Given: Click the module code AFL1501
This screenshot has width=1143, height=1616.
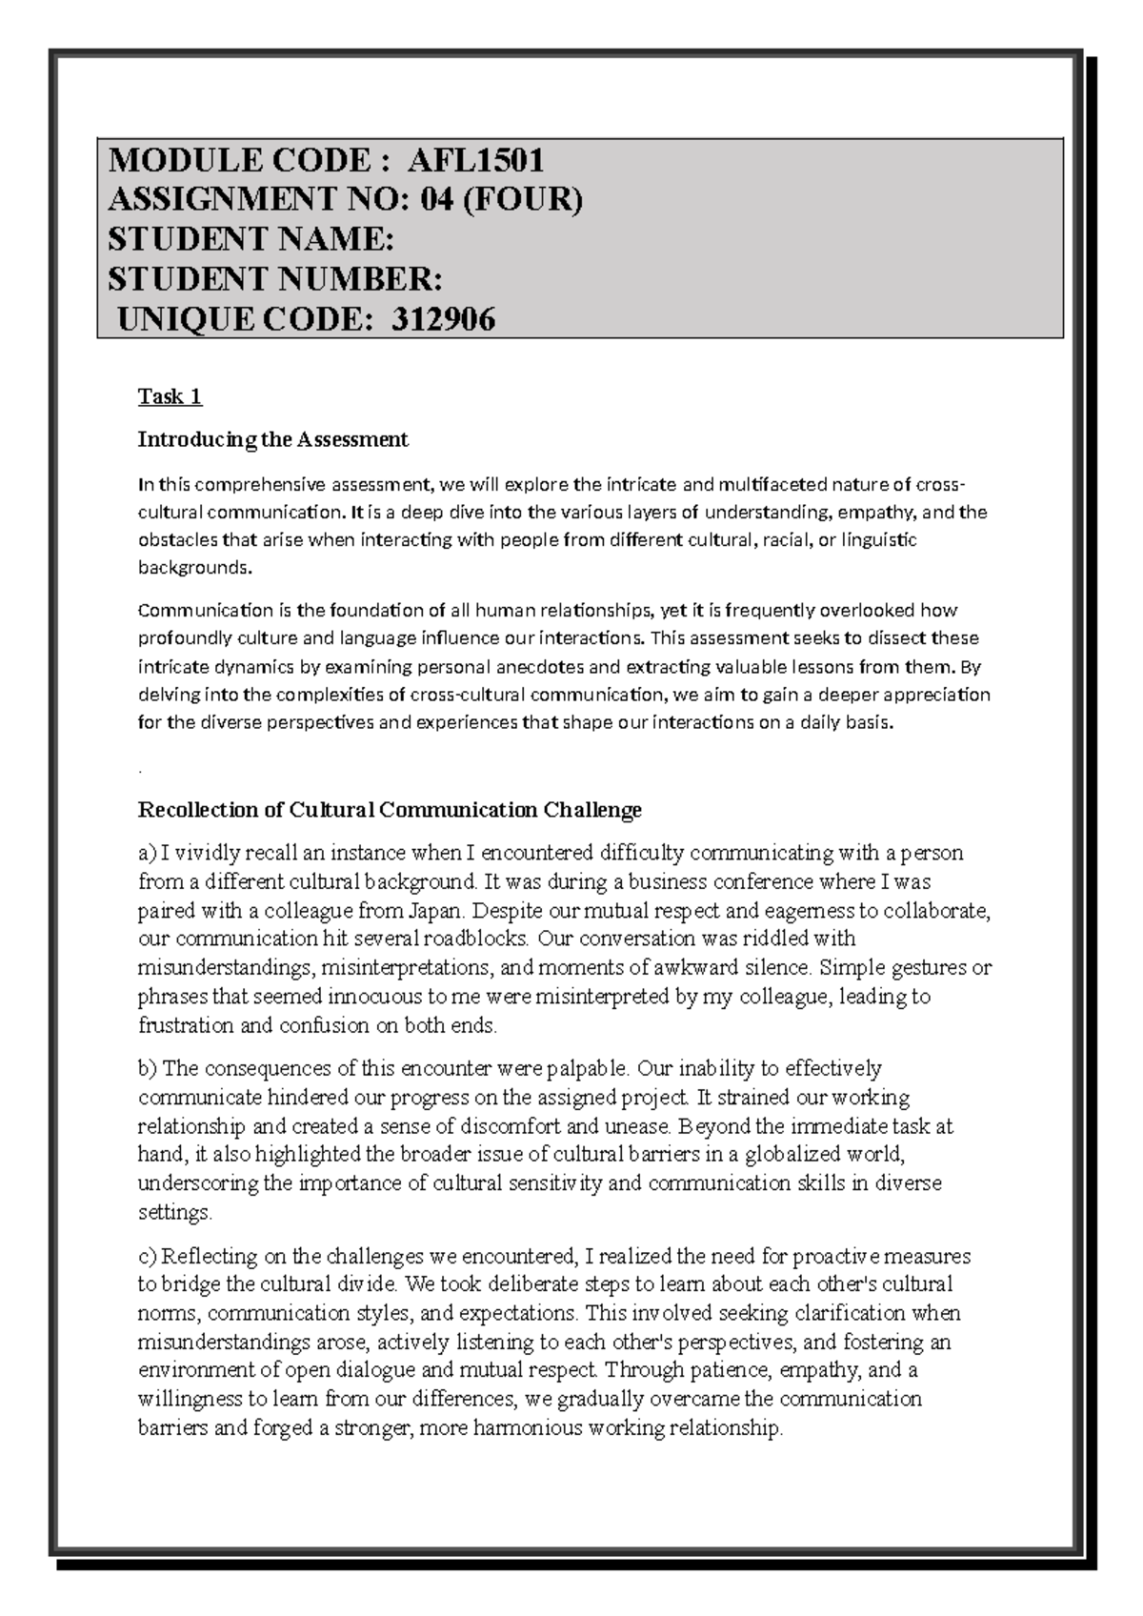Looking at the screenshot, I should [475, 159].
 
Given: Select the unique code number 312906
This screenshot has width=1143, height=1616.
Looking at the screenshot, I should [441, 320].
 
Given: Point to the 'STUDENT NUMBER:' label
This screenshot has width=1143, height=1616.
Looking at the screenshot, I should [275, 279].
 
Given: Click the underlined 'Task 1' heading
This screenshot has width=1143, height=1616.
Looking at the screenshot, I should [170, 396].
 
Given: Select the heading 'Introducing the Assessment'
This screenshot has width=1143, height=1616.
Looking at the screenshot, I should [272, 439].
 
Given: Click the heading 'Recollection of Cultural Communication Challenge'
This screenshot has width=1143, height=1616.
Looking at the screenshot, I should [390, 810].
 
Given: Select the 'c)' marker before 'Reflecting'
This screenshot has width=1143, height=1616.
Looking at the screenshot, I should [149, 1256].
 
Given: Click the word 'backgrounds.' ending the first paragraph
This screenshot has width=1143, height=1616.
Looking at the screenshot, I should [197, 568].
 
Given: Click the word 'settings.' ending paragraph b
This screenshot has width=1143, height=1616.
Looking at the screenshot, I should [175, 1214].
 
